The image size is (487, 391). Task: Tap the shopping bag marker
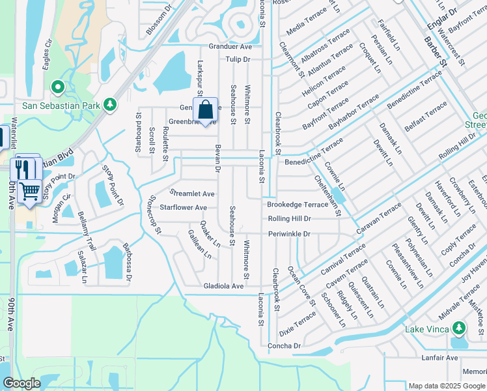[x=206, y=111]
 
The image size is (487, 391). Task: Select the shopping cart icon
[x=29, y=192]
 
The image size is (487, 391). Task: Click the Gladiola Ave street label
[x=223, y=286]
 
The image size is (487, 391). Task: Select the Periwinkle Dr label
[x=289, y=233]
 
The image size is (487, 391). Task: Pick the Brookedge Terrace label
[x=298, y=205]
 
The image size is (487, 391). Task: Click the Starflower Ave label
[x=184, y=208]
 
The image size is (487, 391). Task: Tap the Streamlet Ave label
[x=192, y=194]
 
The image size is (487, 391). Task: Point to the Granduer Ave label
[x=230, y=47]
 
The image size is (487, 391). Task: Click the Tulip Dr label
[x=238, y=59]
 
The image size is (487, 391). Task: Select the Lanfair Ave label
[x=439, y=358]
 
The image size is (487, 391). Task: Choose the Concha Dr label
[x=284, y=345]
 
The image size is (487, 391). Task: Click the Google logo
[x=21, y=383]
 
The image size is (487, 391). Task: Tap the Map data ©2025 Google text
[x=445, y=386]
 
